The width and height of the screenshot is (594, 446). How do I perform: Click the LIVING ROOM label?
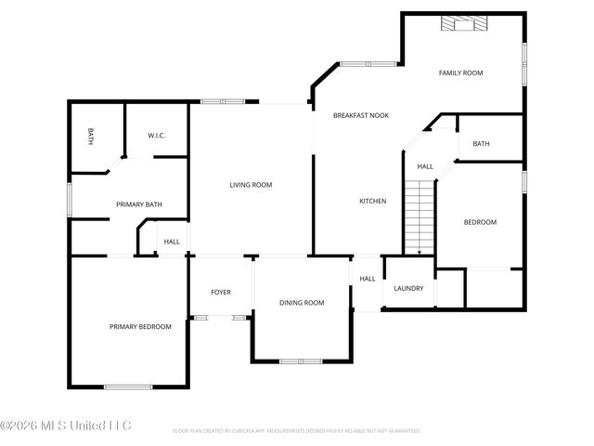(251, 185)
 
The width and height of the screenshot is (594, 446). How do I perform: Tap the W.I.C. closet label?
(156, 137)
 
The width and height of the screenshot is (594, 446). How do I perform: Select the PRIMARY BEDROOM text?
(140, 326)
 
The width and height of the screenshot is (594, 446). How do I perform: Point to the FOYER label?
(220, 292)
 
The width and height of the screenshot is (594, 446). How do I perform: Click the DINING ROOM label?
(302, 302)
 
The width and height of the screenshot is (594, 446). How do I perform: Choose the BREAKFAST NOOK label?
(361, 115)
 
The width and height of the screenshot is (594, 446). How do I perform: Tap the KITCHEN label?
(373, 201)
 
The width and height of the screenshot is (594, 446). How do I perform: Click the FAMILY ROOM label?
(460, 72)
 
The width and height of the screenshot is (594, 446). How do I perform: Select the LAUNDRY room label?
(408, 288)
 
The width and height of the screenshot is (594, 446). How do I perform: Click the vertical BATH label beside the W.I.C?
(91, 137)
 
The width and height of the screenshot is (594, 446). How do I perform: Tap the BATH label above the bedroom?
(481, 143)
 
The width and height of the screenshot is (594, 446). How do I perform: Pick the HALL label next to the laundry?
(368, 278)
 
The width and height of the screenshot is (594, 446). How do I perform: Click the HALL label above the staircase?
(424, 166)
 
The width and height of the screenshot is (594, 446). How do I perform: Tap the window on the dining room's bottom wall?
(300, 361)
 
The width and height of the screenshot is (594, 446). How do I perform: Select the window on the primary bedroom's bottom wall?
(128, 387)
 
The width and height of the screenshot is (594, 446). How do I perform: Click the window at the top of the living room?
(223, 101)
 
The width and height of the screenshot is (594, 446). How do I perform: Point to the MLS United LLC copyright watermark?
(67, 426)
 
